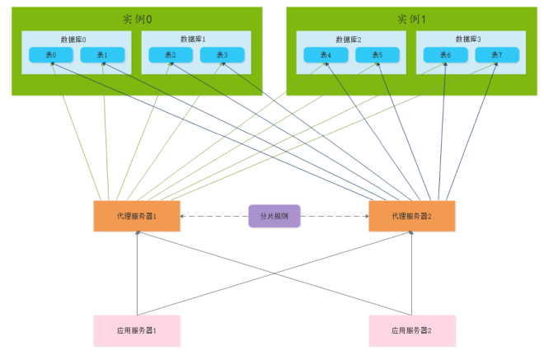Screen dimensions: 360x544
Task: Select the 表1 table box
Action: click(x=102, y=55)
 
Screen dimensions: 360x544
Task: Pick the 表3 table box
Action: click(x=223, y=55)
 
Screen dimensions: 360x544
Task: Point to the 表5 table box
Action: click(x=378, y=55)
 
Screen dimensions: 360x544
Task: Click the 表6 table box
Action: click(x=446, y=55)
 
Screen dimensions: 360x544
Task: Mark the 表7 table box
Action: click(x=497, y=55)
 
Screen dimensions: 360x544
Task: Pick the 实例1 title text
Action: click(x=410, y=18)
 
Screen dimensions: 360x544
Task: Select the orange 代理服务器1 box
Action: click(x=137, y=216)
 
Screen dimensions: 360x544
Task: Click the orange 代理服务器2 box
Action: click(x=411, y=216)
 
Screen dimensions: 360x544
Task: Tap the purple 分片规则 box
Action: click(x=274, y=216)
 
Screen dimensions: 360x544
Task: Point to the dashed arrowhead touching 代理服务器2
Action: click(x=364, y=217)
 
